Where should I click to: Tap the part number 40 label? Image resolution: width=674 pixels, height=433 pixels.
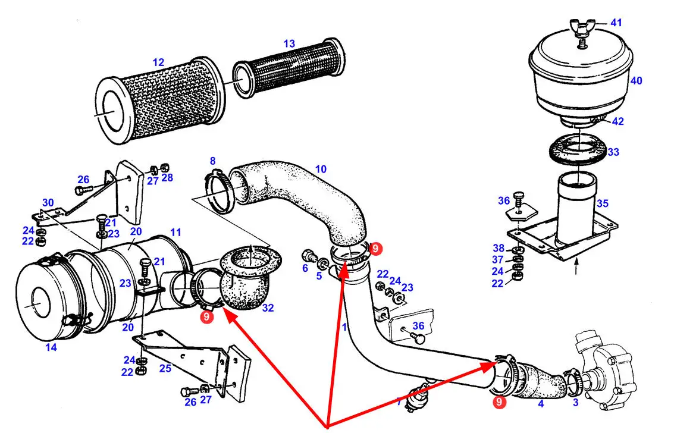pyautogui.click(x=636, y=81)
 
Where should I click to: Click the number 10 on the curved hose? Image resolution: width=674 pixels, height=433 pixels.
pyautogui.click(x=321, y=170)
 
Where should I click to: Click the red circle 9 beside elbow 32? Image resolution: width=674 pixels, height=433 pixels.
pyautogui.click(x=206, y=317)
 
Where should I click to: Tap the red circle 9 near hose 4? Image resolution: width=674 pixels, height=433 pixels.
pyautogui.click(x=500, y=403)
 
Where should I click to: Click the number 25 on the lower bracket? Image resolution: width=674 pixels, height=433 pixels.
pyautogui.click(x=165, y=368)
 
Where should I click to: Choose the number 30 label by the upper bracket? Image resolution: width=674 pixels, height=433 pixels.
pyautogui.click(x=48, y=202)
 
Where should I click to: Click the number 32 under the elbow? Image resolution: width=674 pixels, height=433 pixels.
pyautogui.click(x=267, y=308)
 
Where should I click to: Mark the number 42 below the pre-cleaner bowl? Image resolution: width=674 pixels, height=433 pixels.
pyautogui.click(x=617, y=121)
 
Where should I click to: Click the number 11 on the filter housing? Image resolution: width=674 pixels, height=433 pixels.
pyautogui.click(x=175, y=233)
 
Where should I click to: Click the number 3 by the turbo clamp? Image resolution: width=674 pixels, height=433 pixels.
pyautogui.click(x=575, y=403)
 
